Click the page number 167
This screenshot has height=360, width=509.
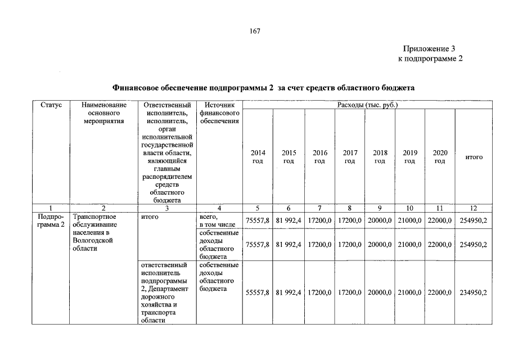tap(254, 31)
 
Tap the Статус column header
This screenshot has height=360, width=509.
tap(51, 105)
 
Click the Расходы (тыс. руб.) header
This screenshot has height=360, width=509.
tap(367, 105)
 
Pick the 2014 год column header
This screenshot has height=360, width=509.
tap(258, 157)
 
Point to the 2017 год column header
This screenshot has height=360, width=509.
tap(349, 157)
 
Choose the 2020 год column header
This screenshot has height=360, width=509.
tap(440, 157)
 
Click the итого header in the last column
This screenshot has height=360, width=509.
tap(474, 157)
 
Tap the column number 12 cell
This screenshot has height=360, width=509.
tap(474, 208)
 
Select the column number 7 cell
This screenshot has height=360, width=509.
tap(319, 208)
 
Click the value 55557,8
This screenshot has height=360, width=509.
tap(258, 292)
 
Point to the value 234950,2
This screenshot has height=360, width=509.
tap(474, 292)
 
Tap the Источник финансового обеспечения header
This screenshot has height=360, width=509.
tap(219, 113)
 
